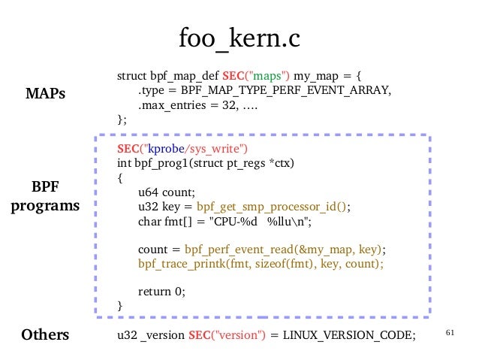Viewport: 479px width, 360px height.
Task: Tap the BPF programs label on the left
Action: pos(45,195)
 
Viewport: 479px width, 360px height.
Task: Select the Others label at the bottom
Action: pos(45,334)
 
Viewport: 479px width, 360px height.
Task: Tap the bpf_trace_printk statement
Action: pos(261,264)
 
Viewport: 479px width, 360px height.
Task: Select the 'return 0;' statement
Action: pos(161,291)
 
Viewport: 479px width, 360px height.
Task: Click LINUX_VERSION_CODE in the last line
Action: pos(349,334)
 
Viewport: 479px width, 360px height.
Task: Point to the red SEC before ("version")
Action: pos(200,334)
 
